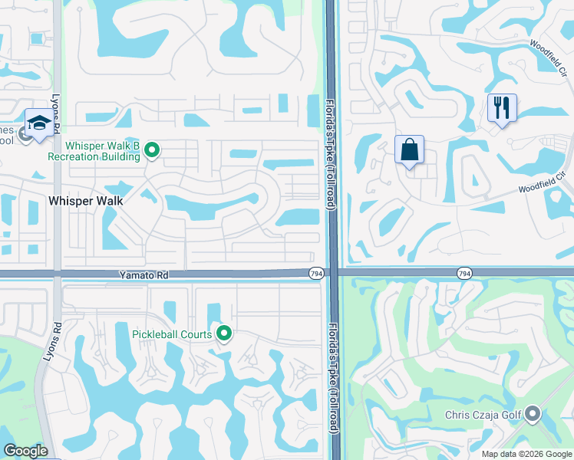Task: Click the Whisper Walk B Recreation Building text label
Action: (94, 150)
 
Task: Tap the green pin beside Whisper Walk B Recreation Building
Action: (152, 150)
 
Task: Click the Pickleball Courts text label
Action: (173, 333)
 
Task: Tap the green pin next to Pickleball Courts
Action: (224, 333)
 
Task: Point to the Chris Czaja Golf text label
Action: (483, 416)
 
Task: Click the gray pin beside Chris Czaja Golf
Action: (533, 415)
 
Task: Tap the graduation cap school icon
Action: (38, 122)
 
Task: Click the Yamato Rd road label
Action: (142, 273)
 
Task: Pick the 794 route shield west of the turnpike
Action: (316, 273)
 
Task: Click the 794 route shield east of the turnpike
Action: (464, 273)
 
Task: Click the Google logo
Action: (25, 451)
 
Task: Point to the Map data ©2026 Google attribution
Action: (526, 454)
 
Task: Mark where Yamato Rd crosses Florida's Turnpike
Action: (332, 273)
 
